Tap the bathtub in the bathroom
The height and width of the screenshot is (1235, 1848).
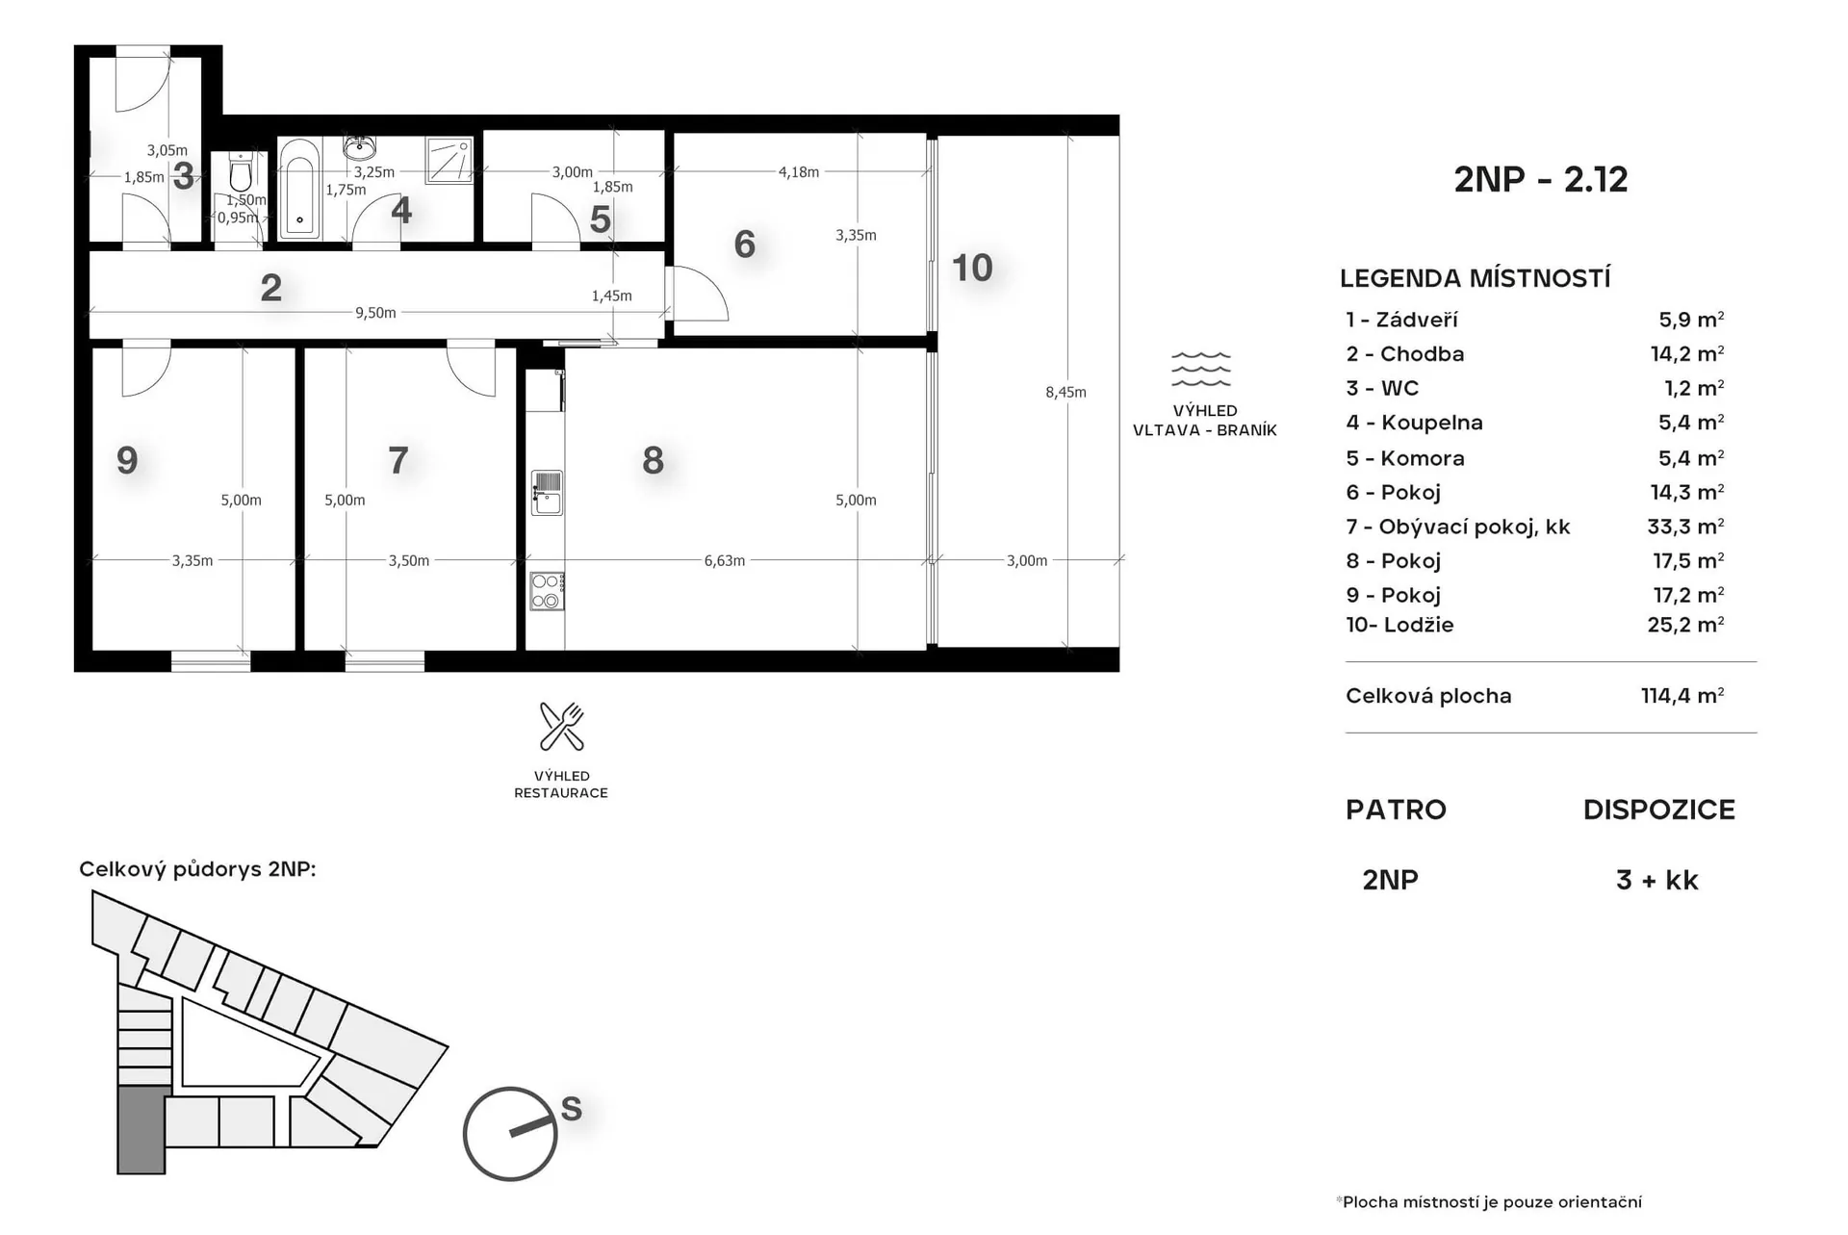tap(299, 188)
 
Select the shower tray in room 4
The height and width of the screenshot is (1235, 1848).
tap(449, 160)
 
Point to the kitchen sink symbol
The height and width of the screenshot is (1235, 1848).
tap(547, 493)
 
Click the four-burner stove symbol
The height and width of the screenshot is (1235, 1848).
tap(547, 591)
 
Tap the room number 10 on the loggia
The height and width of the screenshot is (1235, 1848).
tap(971, 268)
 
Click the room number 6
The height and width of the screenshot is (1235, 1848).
tap(744, 244)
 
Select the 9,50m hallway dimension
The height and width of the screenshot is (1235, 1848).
tap(375, 313)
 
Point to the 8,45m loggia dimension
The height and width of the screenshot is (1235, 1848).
tap(1065, 392)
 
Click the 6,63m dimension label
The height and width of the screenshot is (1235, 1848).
tap(724, 560)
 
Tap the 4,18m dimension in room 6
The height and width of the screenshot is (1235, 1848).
tap(798, 172)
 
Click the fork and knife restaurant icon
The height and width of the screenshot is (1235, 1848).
tap(561, 726)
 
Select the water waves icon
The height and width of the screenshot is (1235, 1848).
tap(1200, 369)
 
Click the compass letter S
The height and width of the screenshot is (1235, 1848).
tap(572, 1109)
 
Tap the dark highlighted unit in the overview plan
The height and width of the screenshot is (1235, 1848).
tap(142, 1130)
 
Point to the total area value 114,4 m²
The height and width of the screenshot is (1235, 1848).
tap(1682, 695)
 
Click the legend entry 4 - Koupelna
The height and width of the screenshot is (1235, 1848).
tap(1414, 423)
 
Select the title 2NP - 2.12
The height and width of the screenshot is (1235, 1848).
tap(1540, 179)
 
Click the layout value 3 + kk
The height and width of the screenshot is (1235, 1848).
tap(1656, 880)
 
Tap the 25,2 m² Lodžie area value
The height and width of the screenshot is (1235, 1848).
tap(1685, 624)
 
